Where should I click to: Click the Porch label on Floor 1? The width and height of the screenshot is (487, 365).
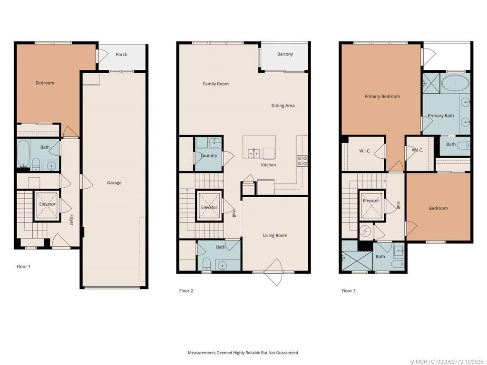click(x=121, y=54)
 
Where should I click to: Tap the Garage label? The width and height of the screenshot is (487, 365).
click(x=114, y=182)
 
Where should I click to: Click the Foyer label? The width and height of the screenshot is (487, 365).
click(x=71, y=220)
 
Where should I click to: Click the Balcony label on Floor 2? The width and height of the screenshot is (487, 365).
click(x=285, y=54)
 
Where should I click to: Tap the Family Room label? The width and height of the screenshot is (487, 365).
click(x=216, y=84)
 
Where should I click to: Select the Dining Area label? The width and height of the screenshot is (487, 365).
click(x=283, y=106)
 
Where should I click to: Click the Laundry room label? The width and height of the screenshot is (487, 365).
click(x=209, y=155)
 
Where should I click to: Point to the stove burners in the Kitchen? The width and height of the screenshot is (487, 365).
click(x=302, y=161)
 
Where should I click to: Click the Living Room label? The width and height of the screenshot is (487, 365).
click(x=275, y=235)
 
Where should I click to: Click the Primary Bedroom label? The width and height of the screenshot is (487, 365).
click(x=382, y=96)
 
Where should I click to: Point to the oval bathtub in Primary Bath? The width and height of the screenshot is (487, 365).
click(x=455, y=84)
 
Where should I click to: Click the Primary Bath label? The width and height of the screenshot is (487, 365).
click(x=440, y=115)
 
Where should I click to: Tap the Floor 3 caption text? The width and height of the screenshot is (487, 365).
click(x=349, y=291)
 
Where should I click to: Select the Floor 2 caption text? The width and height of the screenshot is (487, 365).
click(x=186, y=291)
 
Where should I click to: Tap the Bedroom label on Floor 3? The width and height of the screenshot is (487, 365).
click(x=438, y=208)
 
